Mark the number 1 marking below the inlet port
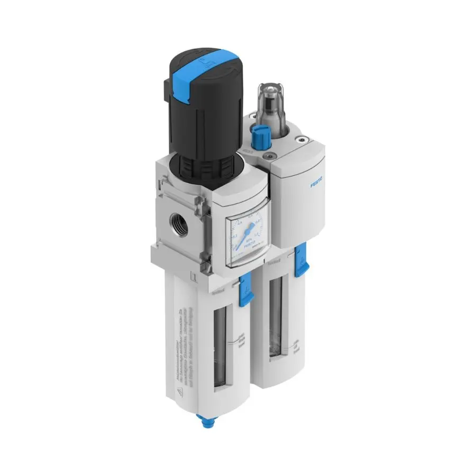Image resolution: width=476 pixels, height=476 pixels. click(193, 276)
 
